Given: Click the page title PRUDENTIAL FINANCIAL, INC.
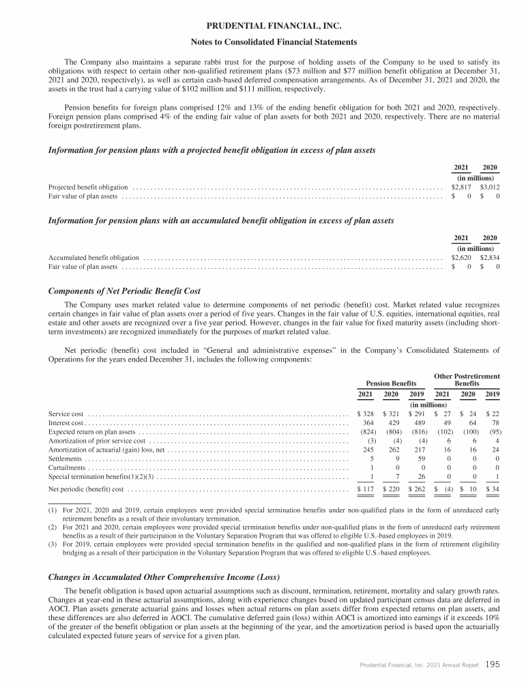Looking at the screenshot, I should [x=262, y=27].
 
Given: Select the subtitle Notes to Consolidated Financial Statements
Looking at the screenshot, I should [x=262, y=42].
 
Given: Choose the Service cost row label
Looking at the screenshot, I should [x=66, y=413].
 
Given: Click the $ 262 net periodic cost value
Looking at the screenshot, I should [x=416, y=489].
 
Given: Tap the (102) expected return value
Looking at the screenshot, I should [x=441, y=432].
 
